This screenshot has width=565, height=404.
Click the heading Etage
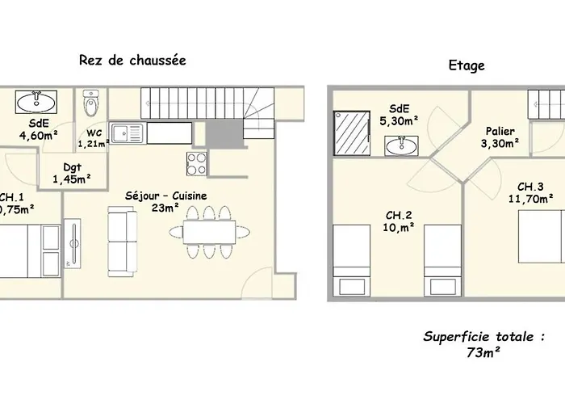pyautogui.click(x=467, y=65)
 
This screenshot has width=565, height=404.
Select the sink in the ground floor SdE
pyautogui.click(x=36, y=102)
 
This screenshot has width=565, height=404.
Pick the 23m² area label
pyautogui.click(x=165, y=208)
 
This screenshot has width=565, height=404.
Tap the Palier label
pyautogui.click(x=500, y=131)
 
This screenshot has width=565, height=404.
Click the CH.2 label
pyautogui.click(x=400, y=215)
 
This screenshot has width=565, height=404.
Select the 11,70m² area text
pyautogui.click(x=530, y=197)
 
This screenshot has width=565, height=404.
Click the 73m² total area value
pyautogui.click(x=482, y=352)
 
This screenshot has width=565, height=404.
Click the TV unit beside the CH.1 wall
pyautogui.click(x=74, y=240)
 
